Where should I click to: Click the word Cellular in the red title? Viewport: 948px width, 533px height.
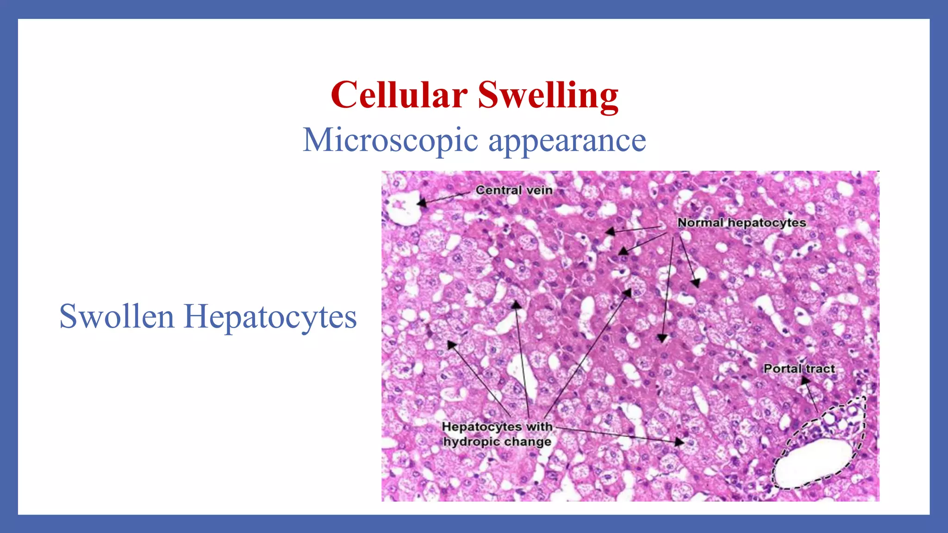point(399,95)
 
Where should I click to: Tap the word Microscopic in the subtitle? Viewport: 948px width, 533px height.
point(390,140)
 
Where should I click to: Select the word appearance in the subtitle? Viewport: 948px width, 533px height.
point(567,141)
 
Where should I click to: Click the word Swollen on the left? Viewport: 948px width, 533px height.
point(117,317)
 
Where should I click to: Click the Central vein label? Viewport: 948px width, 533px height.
point(514,190)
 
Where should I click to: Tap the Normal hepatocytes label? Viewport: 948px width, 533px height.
point(741,223)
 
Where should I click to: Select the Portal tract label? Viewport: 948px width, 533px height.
point(799,369)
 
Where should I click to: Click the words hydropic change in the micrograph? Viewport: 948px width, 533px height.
point(497,442)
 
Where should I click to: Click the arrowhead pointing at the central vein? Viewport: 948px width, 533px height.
point(422,203)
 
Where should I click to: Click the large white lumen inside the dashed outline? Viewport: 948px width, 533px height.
point(813,463)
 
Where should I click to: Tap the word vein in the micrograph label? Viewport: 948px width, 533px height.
point(539,190)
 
